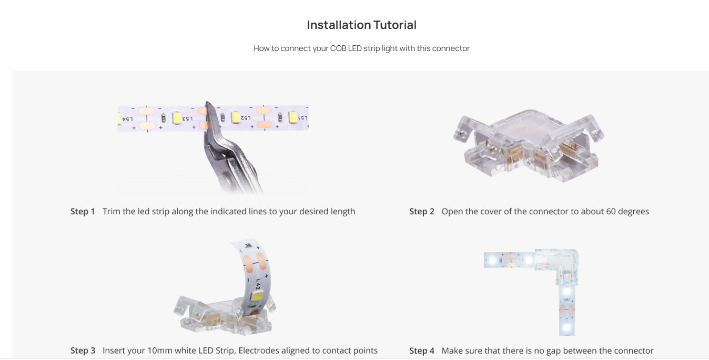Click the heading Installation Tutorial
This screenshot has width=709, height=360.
click(361, 25)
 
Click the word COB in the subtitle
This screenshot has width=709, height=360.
click(338, 48)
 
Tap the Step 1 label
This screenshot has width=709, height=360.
click(83, 212)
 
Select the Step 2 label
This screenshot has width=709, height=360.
click(422, 212)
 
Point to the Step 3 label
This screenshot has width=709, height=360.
click(83, 351)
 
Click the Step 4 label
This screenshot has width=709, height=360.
click(422, 351)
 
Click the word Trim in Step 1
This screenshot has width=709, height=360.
click(111, 212)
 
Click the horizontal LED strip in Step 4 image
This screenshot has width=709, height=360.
click(508, 259)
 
